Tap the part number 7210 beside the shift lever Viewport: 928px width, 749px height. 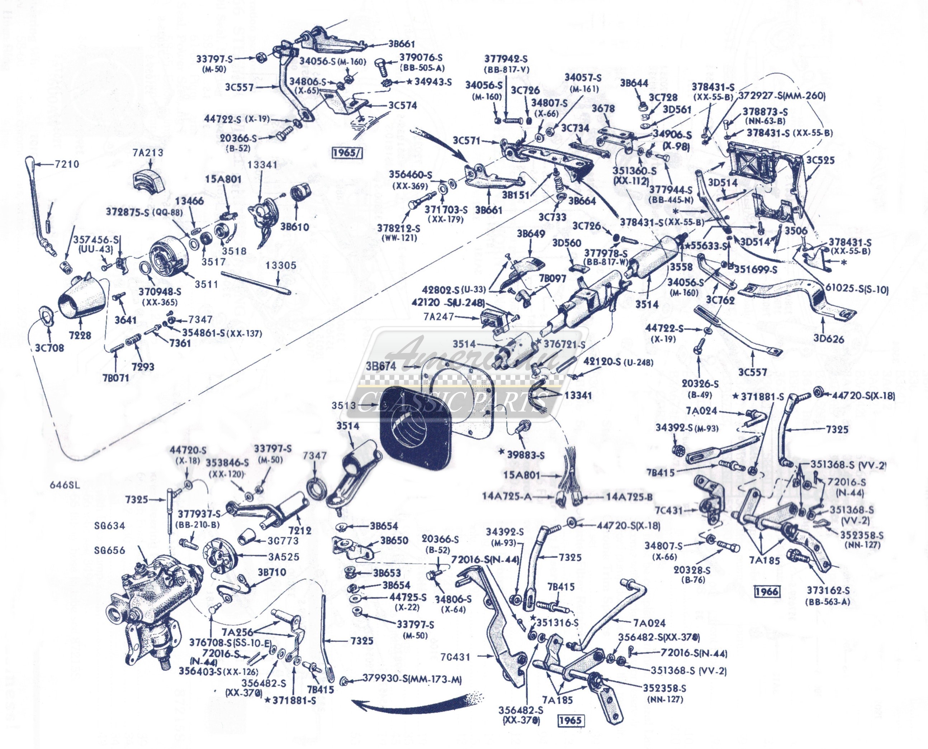[x=67, y=164]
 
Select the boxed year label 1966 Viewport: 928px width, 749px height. [x=766, y=591]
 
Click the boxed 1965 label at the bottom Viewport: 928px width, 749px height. [x=570, y=720]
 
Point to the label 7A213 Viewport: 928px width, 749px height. [x=148, y=153]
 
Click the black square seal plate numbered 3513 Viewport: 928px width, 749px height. [x=415, y=425]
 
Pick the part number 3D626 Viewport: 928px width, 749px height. [x=829, y=339]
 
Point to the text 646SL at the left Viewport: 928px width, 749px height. [x=65, y=485]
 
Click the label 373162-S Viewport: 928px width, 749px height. [x=828, y=591]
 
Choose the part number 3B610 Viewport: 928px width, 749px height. [x=294, y=226]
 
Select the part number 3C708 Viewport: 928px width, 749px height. [x=49, y=348]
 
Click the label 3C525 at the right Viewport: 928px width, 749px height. [x=820, y=160]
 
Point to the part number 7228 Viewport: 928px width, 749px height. [x=80, y=335]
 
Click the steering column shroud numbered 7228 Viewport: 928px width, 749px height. [x=82, y=298]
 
